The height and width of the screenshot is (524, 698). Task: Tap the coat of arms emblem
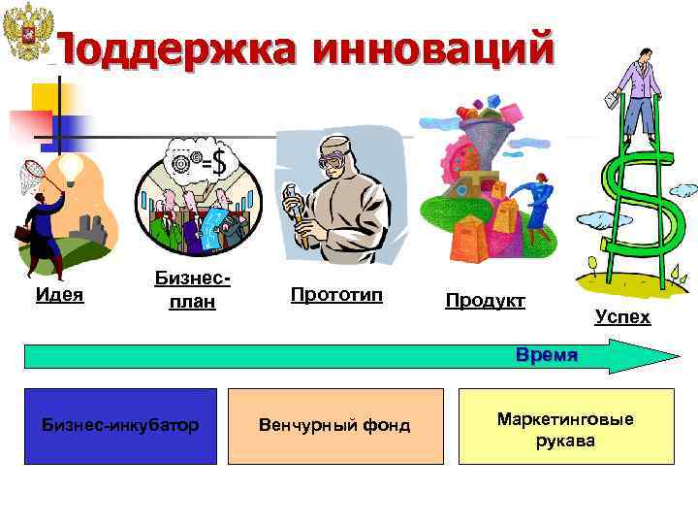click(x=26, y=37)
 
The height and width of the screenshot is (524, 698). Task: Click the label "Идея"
click(x=59, y=294)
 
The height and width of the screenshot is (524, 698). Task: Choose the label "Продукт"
click(x=485, y=301)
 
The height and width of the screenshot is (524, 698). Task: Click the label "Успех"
click(x=622, y=316)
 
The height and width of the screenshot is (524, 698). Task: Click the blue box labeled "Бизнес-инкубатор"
click(x=121, y=425)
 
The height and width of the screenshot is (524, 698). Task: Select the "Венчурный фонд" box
click(x=334, y=425)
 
